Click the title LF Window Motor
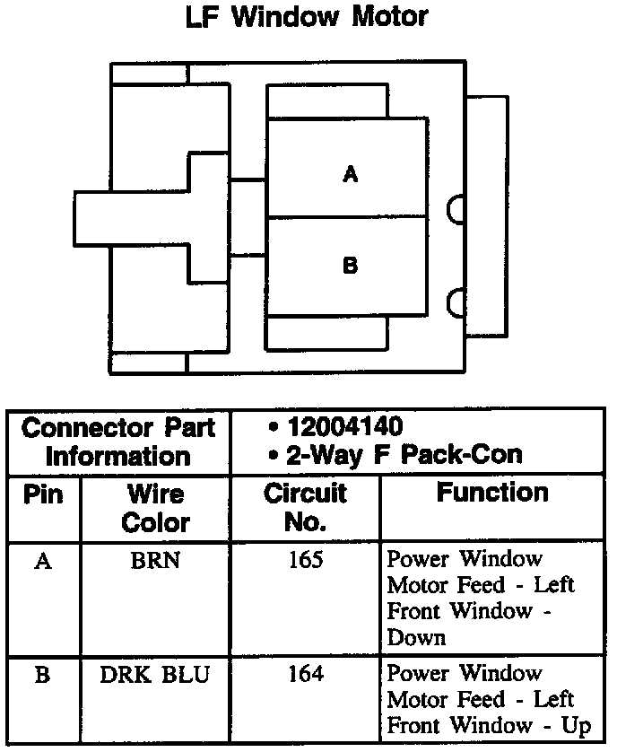[307, 17]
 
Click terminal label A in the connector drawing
[351, 174]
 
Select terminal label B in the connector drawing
[351, 266]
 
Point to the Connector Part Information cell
[119, 442]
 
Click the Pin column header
[43, 494]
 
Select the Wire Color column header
[155, 508]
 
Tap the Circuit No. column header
[306, 508]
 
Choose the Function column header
[492, 493]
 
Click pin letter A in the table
[42, 562]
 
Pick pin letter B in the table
[42, 675]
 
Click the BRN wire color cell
[155, 562]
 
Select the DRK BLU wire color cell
[155, 675]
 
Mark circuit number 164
[306, 674]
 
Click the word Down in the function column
[416, 639]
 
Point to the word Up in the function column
[577, 726]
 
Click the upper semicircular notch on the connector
[456, 209]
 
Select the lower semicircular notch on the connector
[456, 302]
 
